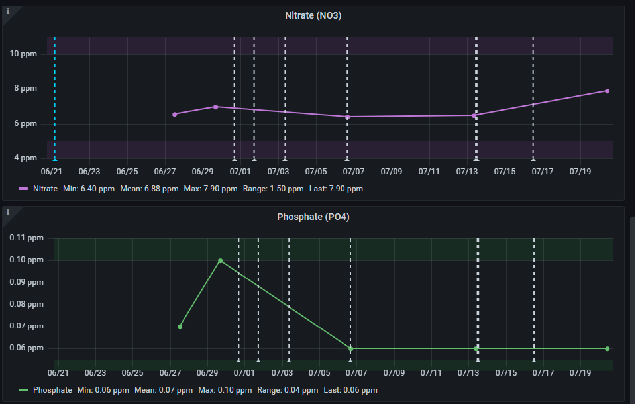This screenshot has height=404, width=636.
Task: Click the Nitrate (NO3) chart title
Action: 313,15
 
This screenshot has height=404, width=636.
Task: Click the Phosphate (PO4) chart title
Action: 313,217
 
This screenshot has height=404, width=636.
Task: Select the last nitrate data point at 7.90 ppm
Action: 608,91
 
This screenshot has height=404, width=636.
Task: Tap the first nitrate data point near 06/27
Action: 175,115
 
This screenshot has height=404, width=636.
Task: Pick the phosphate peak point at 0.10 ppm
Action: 220,261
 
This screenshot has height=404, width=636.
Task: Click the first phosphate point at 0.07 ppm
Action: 180,327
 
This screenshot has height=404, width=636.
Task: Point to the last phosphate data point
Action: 608,349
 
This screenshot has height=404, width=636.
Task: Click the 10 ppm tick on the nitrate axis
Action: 23,54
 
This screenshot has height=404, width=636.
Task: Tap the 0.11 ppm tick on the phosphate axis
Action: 26,238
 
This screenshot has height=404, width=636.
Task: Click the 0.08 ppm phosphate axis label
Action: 26,304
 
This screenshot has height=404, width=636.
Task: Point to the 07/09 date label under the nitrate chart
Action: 392,171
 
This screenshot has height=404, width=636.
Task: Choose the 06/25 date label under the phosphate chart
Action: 132,372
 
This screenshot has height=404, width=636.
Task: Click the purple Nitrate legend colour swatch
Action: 23,189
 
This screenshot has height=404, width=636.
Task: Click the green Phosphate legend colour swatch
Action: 23,390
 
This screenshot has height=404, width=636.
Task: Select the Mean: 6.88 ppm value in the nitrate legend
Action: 149,189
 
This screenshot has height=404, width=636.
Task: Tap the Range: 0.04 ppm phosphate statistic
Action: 288,390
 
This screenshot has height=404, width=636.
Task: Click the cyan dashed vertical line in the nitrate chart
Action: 55,98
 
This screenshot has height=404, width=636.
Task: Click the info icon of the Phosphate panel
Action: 8,212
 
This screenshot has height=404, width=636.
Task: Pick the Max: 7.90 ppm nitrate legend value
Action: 211,189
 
